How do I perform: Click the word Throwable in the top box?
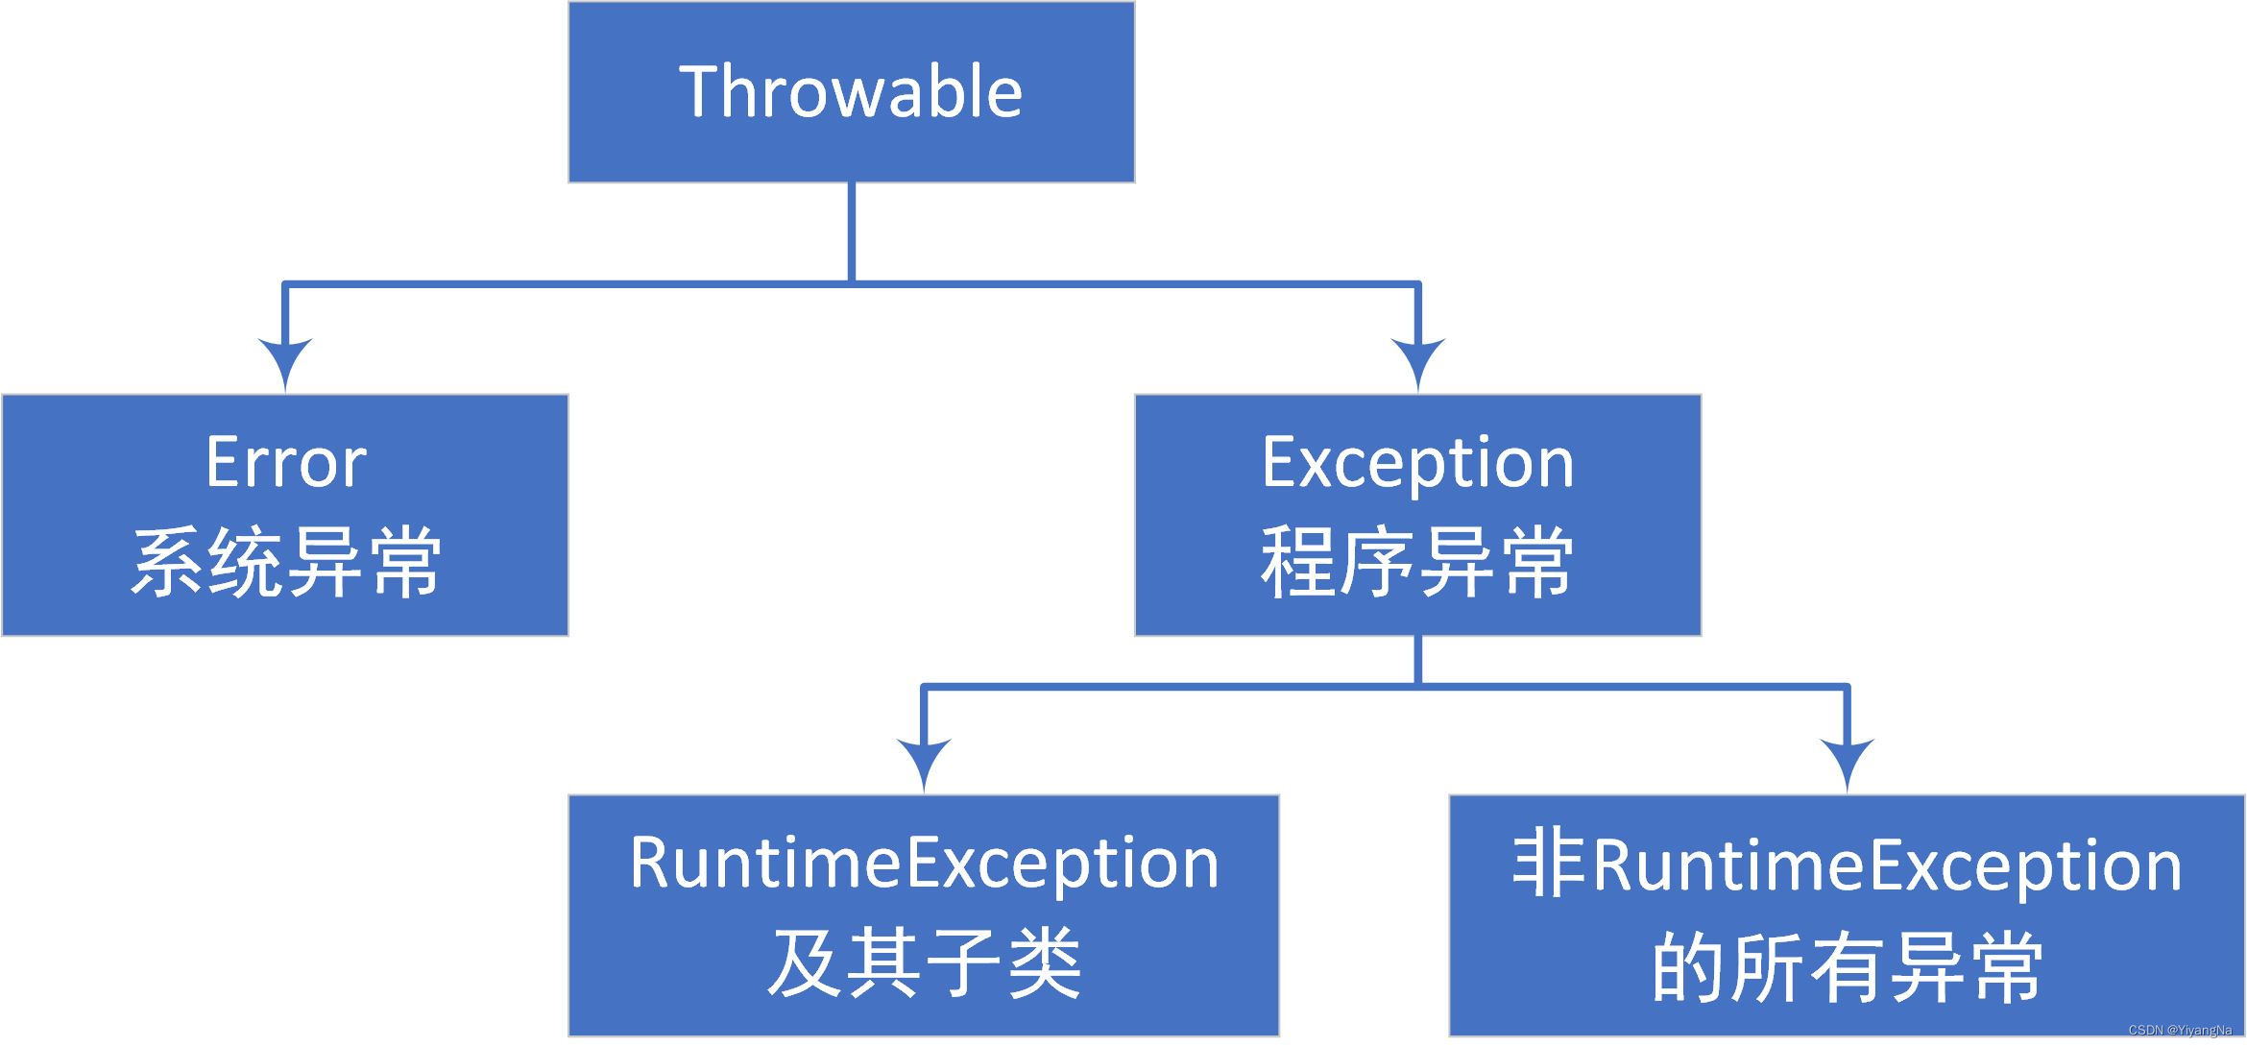851,92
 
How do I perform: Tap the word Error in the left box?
285,463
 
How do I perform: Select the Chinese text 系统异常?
285,563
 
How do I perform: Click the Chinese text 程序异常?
1417,563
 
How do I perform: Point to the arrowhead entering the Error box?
285,363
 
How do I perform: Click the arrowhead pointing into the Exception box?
1417,363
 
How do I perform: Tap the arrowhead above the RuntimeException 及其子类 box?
924,763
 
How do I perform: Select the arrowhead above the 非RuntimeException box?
1847,763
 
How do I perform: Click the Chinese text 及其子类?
924,963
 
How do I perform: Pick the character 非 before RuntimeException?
1547,865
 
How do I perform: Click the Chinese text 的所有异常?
1847,967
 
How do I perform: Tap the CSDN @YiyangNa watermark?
2180,1031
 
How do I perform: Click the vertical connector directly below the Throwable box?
852,231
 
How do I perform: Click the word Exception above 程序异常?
1417,463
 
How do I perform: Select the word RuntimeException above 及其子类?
924,863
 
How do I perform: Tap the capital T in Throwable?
698,91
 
